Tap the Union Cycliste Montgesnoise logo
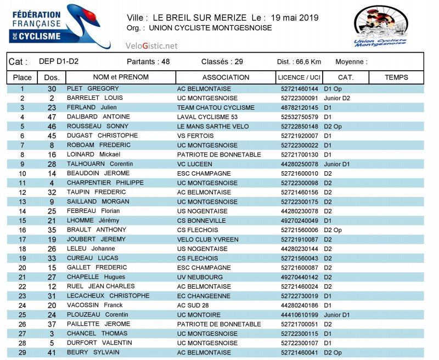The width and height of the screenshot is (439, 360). point(380,26)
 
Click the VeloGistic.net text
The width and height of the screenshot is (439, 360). point(151,46)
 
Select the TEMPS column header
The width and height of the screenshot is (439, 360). point(396,77)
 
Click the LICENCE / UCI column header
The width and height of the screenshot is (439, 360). point(299,77)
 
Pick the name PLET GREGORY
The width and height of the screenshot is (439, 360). point(93,89)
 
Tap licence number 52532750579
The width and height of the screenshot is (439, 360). point(299,117)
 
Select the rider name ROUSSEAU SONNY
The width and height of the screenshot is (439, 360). point(97,126)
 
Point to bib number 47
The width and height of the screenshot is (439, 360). point(52,117)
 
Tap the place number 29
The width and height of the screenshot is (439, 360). point(22,352)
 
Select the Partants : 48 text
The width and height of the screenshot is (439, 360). point(148,62)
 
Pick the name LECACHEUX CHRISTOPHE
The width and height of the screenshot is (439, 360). point(108,296)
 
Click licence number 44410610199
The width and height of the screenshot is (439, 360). point(299,315)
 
